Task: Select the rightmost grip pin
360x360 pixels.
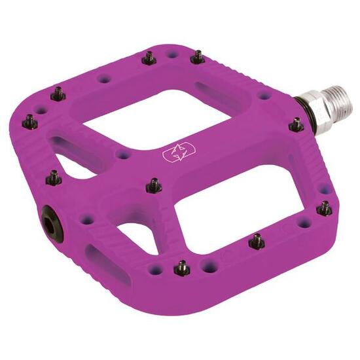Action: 324,208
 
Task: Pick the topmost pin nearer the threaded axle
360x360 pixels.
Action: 197,58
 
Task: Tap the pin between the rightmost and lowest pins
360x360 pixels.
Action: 257,242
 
